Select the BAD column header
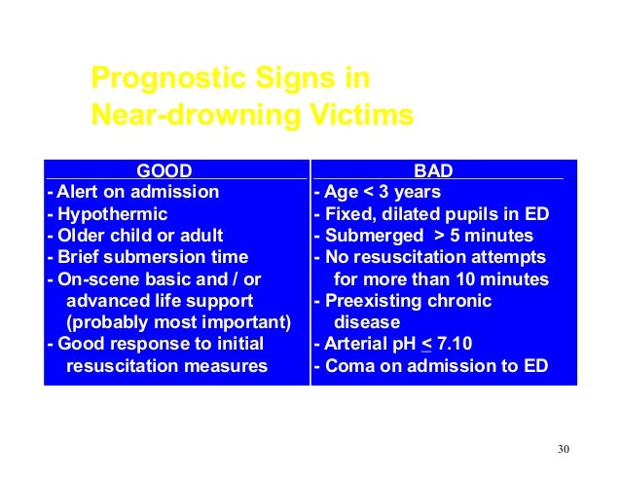coord(433,171)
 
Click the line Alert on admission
coord(132,192)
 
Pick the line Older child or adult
coord(134,235)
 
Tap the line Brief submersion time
coord(147,257)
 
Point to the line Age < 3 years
coord(377,192)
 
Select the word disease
coord(367,322)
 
